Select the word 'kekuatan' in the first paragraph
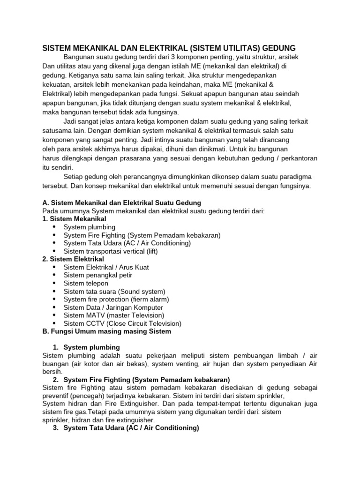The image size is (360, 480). click(55, 84)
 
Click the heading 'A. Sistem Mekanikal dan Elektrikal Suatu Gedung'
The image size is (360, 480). click(121, 203)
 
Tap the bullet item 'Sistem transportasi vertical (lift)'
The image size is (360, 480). click(111, 251)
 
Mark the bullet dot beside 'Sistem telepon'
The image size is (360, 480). click(55, 284)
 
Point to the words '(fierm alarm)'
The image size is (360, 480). click(149, 300)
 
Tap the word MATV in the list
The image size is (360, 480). click(95, 315)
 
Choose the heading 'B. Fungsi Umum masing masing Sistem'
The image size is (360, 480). click(106, 331)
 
